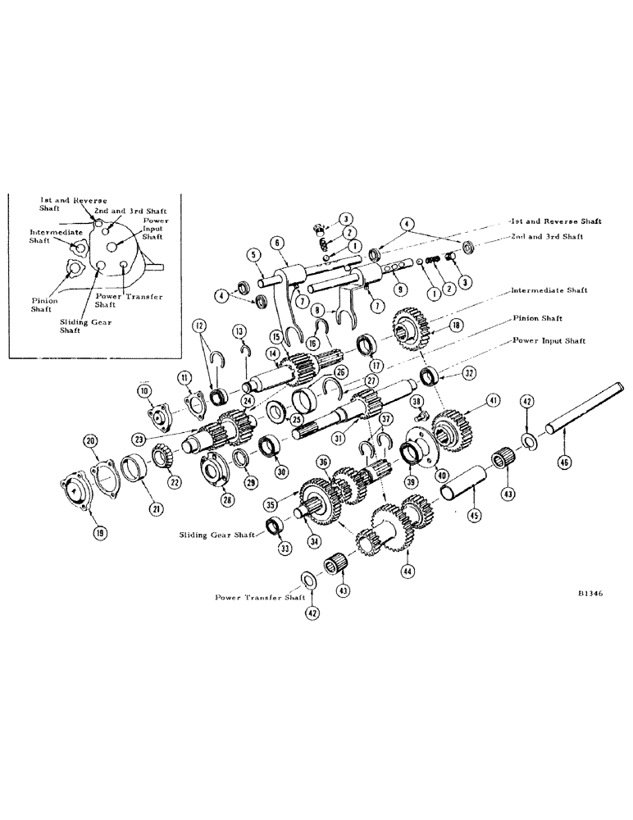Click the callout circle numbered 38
(416, 401)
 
